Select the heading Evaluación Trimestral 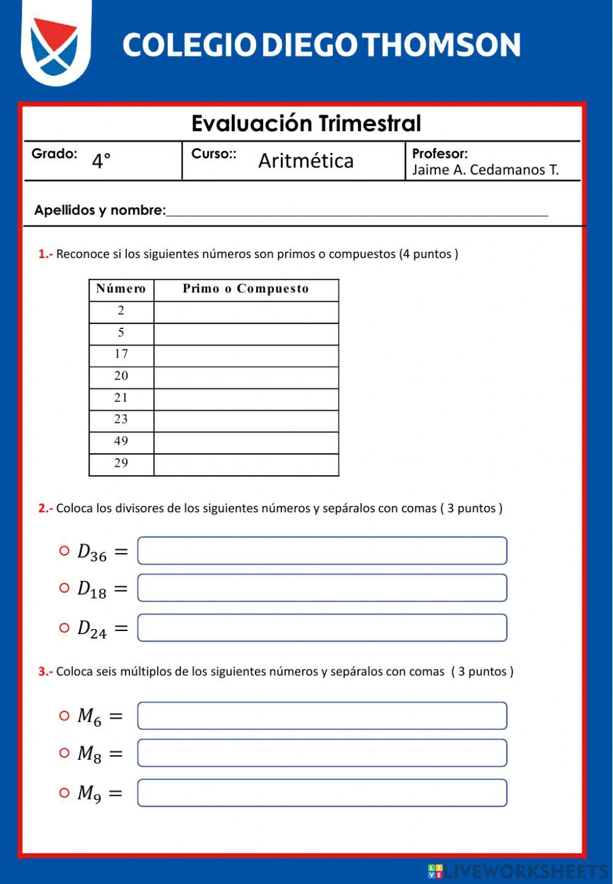pyautogui.click(x=306, y=123)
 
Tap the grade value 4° pyautogui.click(x=101, y=161)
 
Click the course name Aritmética pyautogui.click(x=306, y=161)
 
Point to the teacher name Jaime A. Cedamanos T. pyautogui.click(x=485, y=170)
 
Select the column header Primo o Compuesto pyautogui.click(x=246, y=289)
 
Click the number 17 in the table pyautogui.click(x=121, y=354)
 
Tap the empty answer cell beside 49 pyautogui.click(x=246, y=442)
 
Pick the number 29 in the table pyautogui.click(x=121, y=463)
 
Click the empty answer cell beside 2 pyautogui.click(x=246, y=311)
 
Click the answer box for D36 pyautogui.click(x=322, y=551)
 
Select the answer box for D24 pyautogui.click(x=322, y=628)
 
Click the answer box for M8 pyautogui.click(x=322, y=753)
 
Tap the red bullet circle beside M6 pyautogui.click(x=64, y=716)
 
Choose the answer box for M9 pyautogui.click(x=322, y=793)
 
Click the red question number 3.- pyautogui.click(x=45, y=671)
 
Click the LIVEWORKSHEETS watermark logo pyautogui.click(x=518, y=871)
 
